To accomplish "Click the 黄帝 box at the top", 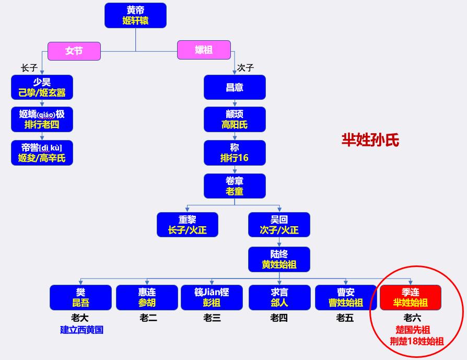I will (135, 16).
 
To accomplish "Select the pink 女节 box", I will (74, 51).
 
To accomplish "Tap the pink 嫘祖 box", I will (204, 50).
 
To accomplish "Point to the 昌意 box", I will (235, 87).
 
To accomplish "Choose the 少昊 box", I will (42, 87).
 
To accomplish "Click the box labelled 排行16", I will (235, 153).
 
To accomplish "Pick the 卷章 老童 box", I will (235, 186).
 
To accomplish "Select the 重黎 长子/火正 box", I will (188, 225).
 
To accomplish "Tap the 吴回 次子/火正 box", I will (279, 225).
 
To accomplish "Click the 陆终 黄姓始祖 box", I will (279, 259).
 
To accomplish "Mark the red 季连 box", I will (410, 297).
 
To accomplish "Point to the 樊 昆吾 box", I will (80, 297).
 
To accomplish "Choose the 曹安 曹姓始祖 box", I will (346, 297).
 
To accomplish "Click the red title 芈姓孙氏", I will (370, 140).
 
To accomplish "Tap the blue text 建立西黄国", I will (81, 330).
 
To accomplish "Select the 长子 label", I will (29, 67).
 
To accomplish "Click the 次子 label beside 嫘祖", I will (246, 67).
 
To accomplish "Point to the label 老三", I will (212, 317).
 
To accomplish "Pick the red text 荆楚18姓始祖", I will (416, 341).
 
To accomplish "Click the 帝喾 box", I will (42, 153).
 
